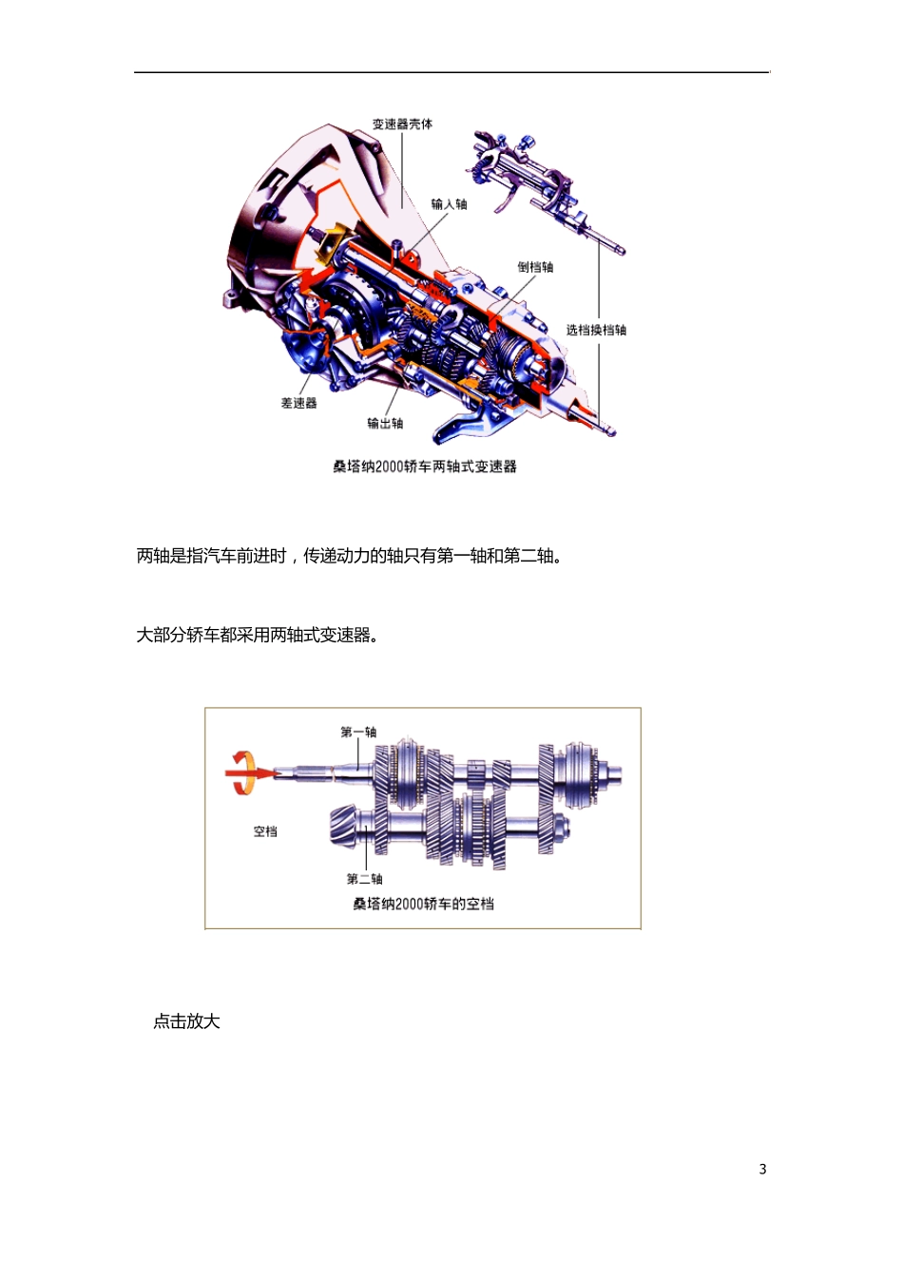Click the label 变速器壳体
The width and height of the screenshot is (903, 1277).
click(x=402, y=124)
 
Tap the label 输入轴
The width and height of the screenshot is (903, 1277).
click(x=449, y=204)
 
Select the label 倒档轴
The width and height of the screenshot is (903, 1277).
click(x=535, y=267)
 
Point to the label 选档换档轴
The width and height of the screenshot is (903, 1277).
click(x=596, y=331)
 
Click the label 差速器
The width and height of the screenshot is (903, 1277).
click(x=298, y=404)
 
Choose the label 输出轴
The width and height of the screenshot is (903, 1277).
click(x=385, y=424)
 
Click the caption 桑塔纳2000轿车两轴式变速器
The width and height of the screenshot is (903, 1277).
click(x=425, y=467)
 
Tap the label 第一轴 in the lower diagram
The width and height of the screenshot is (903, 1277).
click(x=358, y=732)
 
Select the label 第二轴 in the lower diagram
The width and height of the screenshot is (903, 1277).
click(x=364, y=879)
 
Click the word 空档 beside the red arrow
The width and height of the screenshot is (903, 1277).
click(x=265, y=831)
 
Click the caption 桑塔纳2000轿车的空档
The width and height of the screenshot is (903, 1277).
click(x=423, y=904)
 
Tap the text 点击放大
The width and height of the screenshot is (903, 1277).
click(x=186, y=1021)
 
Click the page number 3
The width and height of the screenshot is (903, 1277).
click(x=762, y=1170)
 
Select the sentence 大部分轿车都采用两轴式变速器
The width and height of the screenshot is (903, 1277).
click(x=257, y=635)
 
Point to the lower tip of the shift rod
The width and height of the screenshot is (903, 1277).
click(x=609, y=432)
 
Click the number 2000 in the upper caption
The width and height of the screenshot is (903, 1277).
click(x=390, y=467)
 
